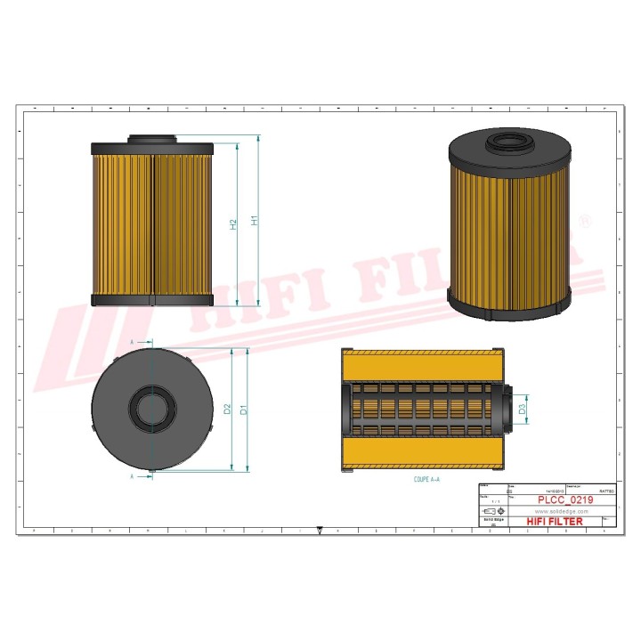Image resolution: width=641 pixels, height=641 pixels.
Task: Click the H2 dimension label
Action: (233, 224)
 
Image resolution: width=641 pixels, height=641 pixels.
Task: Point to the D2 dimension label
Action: (228, 409)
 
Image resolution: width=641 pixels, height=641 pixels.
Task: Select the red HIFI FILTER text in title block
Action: (555, 522)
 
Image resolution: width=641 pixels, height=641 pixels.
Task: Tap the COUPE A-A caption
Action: (426, 479)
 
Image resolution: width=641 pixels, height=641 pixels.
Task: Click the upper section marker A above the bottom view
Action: (133, 342)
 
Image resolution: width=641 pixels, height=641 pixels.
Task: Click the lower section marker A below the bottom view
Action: (133, 476)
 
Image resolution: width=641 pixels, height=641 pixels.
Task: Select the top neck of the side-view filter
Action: (152, 139)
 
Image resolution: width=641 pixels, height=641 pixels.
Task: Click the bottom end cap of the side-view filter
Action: (152, 300)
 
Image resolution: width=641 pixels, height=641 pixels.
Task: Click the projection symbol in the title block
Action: (489, 512)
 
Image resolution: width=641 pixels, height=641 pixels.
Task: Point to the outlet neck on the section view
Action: (510, 407)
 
